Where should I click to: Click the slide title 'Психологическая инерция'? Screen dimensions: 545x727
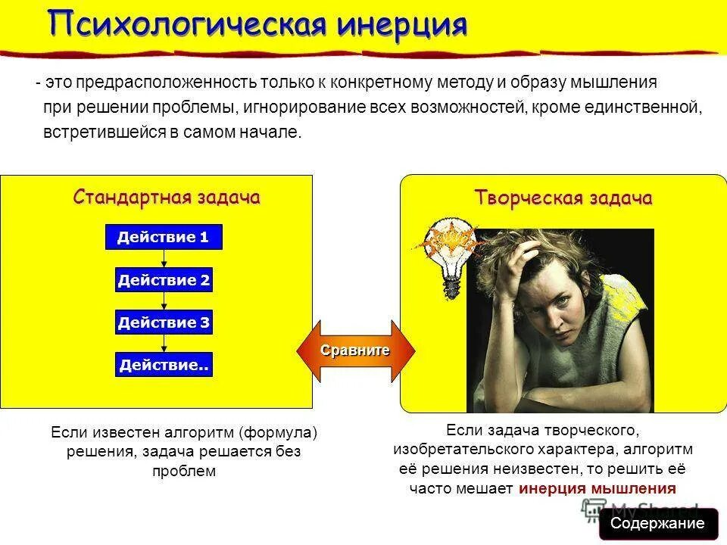click(x=258, y=24)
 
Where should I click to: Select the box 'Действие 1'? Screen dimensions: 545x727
click(x=163, y=238)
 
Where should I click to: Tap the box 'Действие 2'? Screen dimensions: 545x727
click(x=164, y=281)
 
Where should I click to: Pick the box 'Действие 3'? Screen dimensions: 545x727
click(x=164, y=323)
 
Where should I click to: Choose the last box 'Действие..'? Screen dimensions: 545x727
click(x=164, y=366)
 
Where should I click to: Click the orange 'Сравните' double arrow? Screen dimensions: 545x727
click(x=355, y=350)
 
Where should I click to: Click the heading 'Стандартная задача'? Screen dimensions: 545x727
click(x=167, y=198)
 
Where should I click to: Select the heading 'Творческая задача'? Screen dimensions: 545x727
click(x=563, y=198)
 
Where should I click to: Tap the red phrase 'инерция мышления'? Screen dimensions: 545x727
click(x=598, y=488)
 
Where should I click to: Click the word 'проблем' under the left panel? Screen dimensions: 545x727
click(x=184, y=471)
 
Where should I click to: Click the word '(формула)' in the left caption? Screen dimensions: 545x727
click(x=278, y=432)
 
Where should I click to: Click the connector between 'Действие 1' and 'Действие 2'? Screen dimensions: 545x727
click(x=164, y=259)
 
